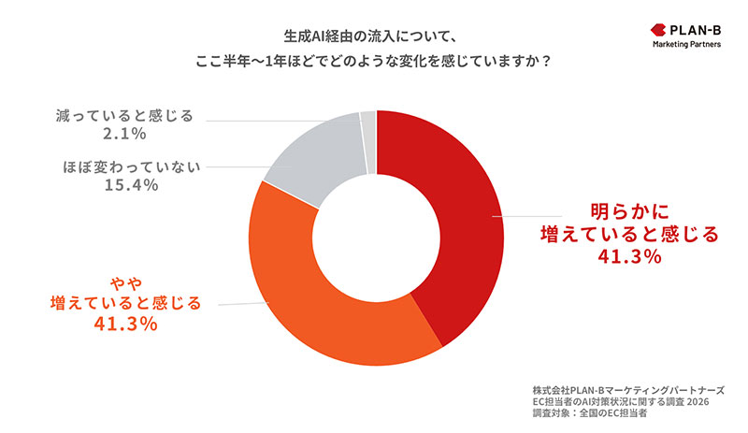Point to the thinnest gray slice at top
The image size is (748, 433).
[367, 126]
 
